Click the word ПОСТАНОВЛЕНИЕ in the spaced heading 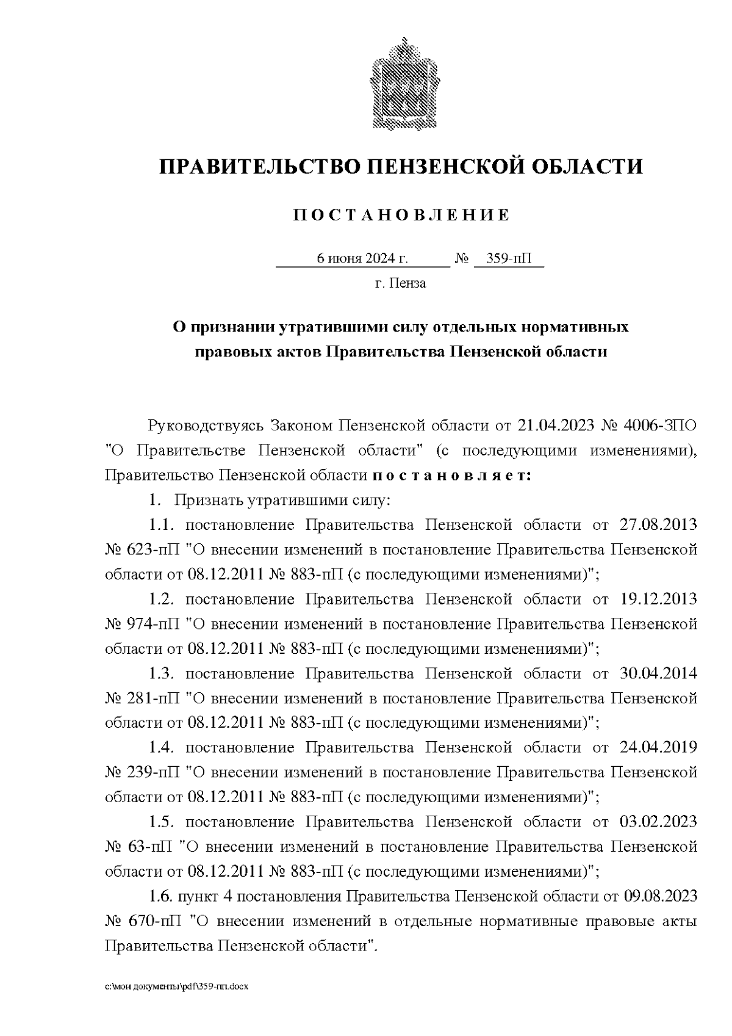coord(401,216)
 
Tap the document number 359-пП coord(509,259)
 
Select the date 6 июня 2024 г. coord(362,259)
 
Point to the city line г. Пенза coord(401,284)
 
